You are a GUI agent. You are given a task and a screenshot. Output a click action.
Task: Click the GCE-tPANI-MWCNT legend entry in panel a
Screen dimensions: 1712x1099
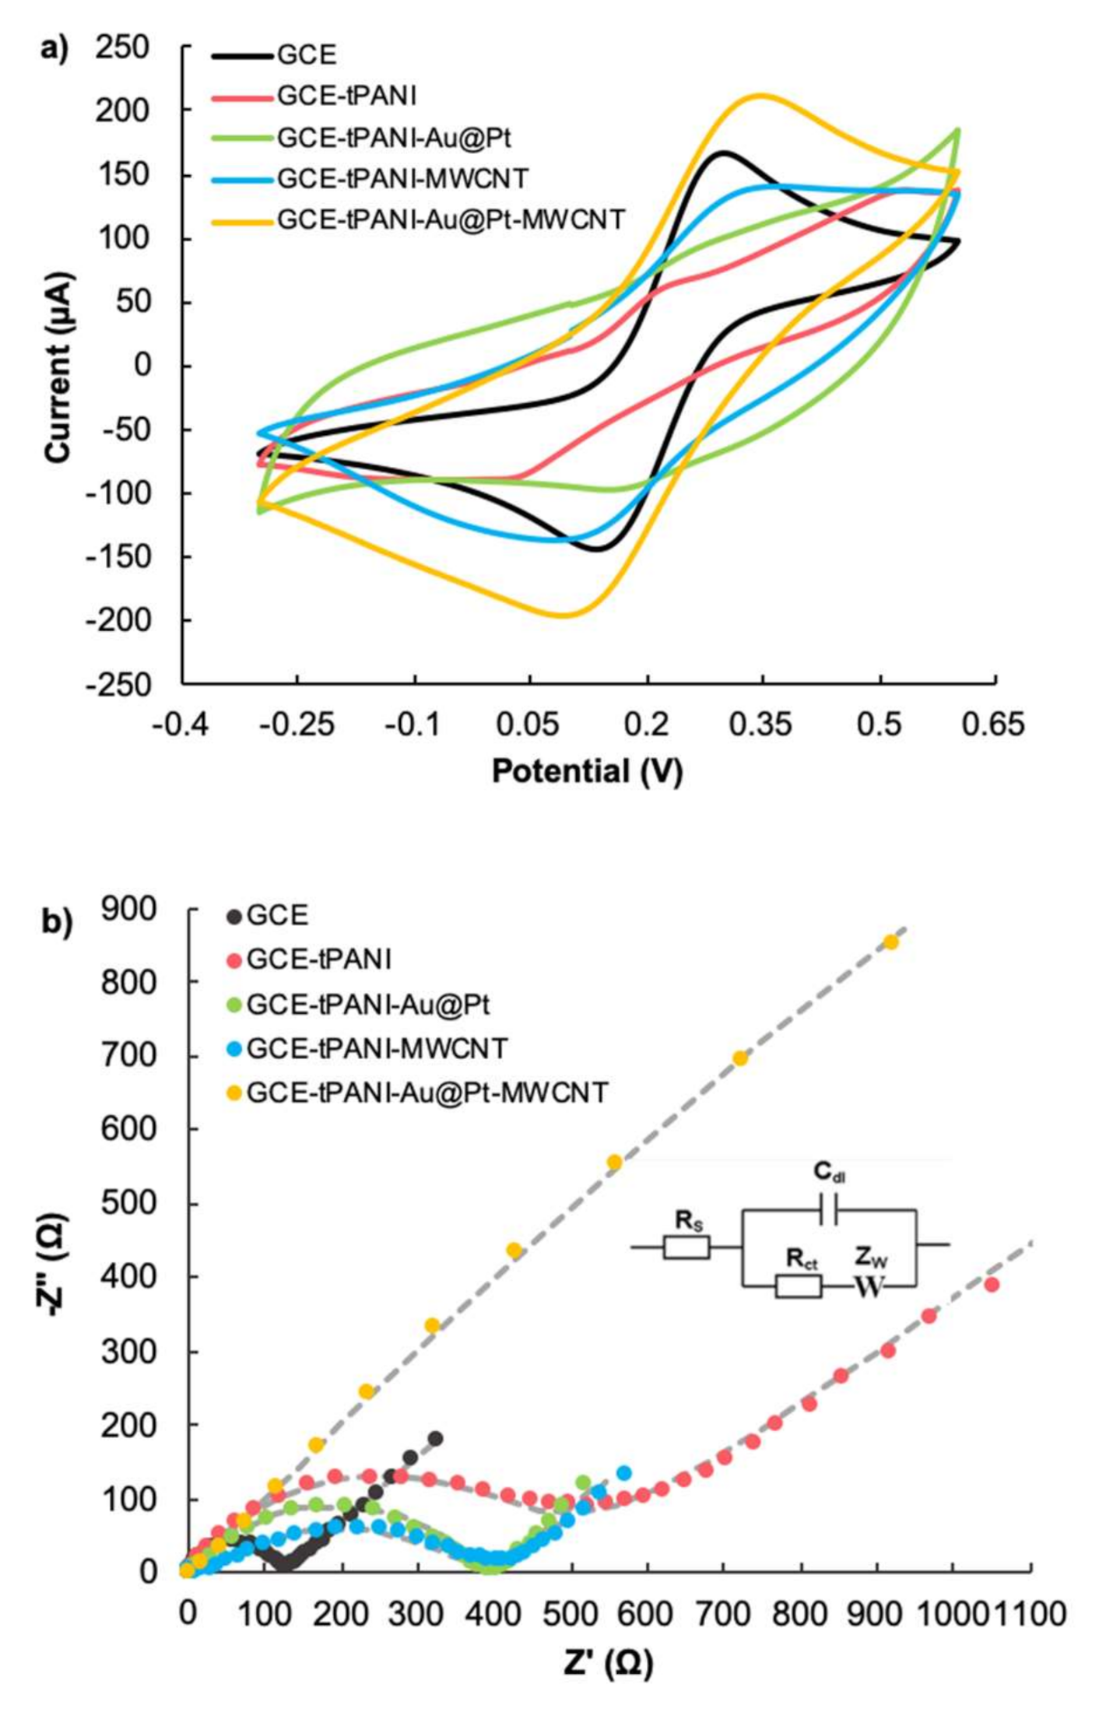[x=402, y=178]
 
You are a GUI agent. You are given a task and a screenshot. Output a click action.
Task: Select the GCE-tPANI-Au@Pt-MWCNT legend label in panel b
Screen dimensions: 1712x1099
[x=427, y=1093]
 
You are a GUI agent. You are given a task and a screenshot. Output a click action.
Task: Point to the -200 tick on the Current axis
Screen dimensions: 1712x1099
[x=117, y=620]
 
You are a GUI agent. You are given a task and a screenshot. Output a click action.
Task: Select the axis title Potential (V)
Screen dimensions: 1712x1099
[x=587, y=771]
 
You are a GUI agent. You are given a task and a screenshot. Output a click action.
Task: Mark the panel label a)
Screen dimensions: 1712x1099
[x=55, y=48]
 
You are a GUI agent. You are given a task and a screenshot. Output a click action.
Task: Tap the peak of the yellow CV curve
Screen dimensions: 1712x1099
[x=761, y=96]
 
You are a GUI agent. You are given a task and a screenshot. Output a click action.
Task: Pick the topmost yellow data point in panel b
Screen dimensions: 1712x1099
[x=891, y=942]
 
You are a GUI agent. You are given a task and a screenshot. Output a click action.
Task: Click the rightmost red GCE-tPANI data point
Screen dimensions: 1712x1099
[x=991, y=1284]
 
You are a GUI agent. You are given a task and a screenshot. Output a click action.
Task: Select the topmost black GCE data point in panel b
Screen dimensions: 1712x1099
[x=435, y=1439]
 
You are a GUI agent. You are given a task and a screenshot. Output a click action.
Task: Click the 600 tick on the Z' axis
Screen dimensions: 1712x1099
[x=647, y=1614]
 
